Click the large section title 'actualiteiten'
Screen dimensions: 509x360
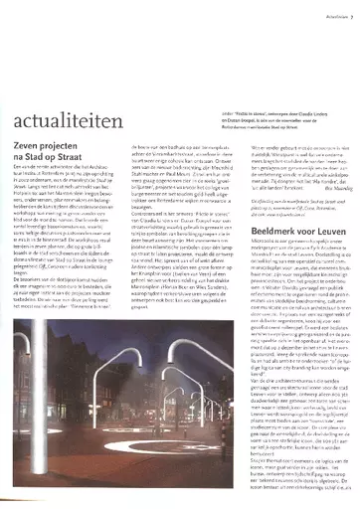pos(75,72)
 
